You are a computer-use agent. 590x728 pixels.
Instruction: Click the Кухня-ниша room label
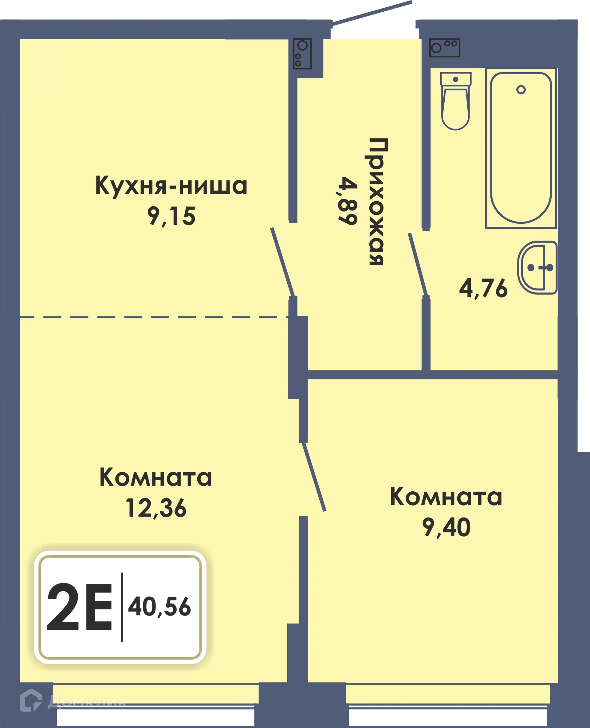171,186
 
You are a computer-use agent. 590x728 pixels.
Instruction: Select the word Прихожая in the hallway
376,202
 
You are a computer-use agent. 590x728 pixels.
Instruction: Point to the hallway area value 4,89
347,201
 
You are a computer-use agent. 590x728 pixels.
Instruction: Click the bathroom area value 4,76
483,289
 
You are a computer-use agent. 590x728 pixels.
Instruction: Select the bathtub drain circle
521,90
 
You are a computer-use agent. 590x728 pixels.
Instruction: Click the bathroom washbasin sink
537,267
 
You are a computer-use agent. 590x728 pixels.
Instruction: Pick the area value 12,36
156,509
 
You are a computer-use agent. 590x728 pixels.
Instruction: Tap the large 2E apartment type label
79,607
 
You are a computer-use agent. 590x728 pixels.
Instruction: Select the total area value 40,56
159,607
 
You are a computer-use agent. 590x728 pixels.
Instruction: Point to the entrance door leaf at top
372,13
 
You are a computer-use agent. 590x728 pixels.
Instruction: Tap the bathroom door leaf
418,264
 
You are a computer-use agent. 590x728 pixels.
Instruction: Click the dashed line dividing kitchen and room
153,317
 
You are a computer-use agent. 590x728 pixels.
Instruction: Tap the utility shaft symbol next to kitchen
302,54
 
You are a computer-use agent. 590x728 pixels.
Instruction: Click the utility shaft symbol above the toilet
444,48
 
